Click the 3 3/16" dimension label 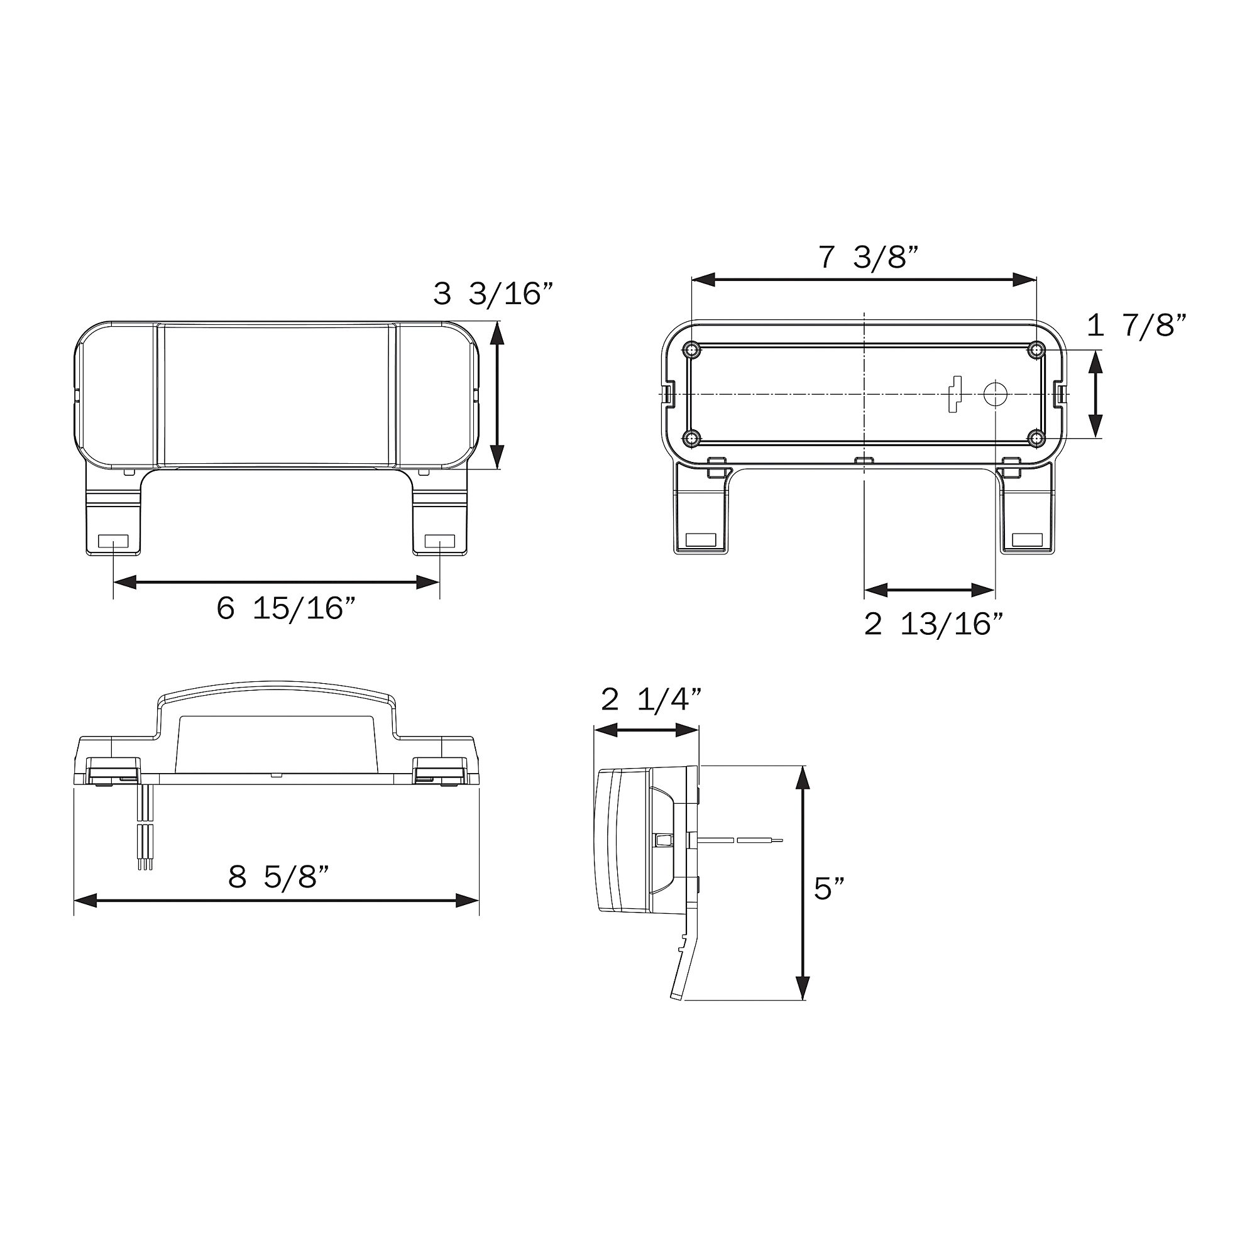pos(493,294)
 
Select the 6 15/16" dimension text pos(285,608)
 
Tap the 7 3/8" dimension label pos(868,257)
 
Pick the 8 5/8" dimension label pos(278,877)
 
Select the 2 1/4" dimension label pos(651,700)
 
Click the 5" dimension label pos(829,888)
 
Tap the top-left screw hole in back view pos(691,351)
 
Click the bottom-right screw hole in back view pos(1036,438)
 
